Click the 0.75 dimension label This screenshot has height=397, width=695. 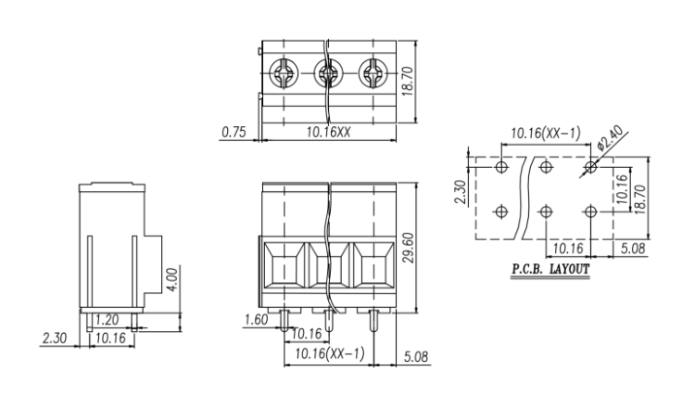[234, 133]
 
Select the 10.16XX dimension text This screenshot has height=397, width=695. [328, 133]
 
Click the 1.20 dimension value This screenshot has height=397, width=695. [107, 318]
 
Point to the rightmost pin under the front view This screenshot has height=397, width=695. [373, 325]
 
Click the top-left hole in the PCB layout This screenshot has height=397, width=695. [501, 168]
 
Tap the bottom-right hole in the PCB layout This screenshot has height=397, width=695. [592, 211]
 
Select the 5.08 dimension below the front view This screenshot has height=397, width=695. [417, 356]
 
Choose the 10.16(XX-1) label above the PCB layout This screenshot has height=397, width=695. [546, 134]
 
